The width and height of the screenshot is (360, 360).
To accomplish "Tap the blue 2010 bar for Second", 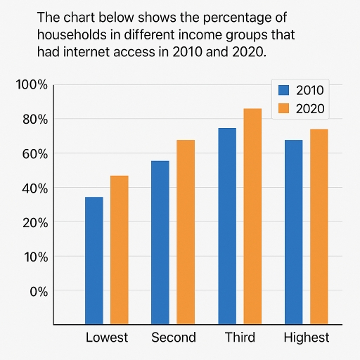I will (160, 243).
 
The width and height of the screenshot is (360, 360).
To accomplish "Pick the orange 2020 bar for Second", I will (186, 232).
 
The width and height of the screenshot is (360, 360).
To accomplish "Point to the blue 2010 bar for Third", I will (227, 226).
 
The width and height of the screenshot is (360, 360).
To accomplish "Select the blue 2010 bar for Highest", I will (293, 232).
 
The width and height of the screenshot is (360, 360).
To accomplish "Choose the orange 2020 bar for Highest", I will (319, 226).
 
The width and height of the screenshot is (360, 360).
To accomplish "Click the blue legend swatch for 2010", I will (284, 90).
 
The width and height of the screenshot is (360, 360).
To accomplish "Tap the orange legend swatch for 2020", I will (284, 108).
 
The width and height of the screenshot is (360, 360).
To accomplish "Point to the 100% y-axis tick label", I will (32, 85).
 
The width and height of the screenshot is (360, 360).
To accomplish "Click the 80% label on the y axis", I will (34, 120).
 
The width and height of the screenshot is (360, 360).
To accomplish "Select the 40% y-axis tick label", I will (34, 188).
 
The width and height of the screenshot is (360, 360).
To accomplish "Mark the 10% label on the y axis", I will (34, 257).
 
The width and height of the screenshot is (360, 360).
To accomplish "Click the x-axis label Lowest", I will (107, 337).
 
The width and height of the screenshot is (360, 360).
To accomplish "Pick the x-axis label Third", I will (240, 337).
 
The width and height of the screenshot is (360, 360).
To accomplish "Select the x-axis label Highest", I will (306, 337).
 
